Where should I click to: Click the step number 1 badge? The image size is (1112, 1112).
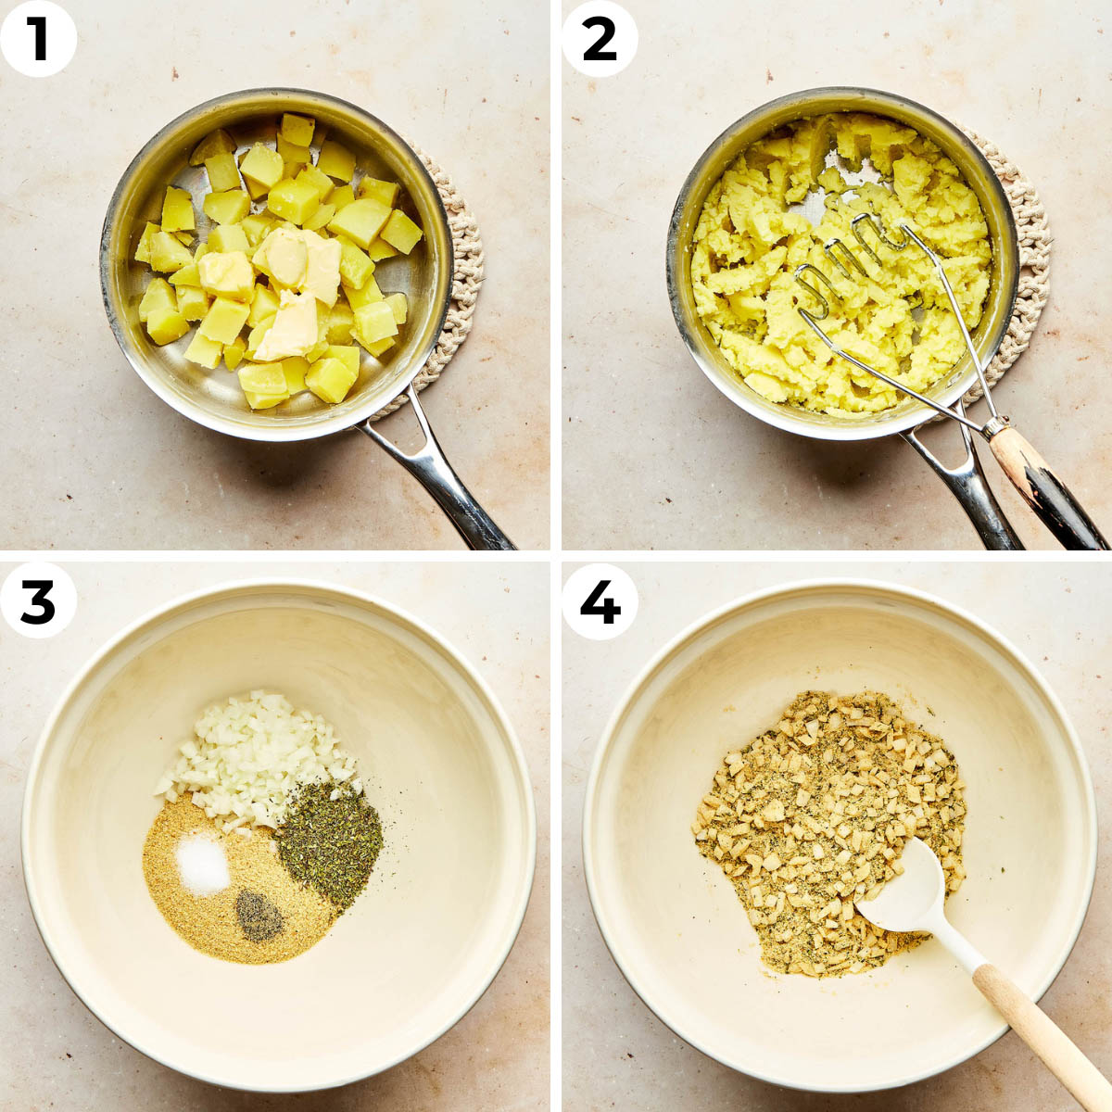tap(38, 38)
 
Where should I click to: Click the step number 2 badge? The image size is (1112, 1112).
tap(600, 38)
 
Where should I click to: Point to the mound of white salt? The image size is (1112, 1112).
tap(203, 864)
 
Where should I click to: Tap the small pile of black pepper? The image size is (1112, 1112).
tap(259, 915)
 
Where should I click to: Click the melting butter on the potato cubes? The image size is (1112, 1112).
tap(292, 278)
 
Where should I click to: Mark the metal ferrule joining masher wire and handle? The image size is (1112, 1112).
tap(994, 427)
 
